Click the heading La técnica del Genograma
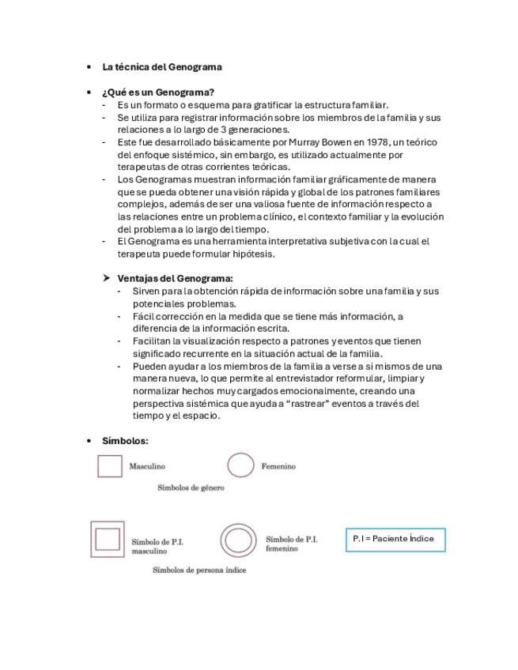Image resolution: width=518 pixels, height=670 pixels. click(162, 67)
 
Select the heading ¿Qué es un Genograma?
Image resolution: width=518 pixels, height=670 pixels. click(158, 92)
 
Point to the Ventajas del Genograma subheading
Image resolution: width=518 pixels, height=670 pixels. click(175, 278)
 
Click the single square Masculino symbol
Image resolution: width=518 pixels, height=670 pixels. click(110, 466)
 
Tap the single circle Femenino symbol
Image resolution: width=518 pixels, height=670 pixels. click(240, 465)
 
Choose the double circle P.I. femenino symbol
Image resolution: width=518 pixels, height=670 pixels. click(236, 540)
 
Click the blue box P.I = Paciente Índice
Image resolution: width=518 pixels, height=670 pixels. click(395, 539)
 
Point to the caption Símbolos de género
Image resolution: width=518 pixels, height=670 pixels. click(191, 487)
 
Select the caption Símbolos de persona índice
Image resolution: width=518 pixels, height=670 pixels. click(199, 570)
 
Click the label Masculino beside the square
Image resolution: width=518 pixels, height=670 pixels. click(147, 466)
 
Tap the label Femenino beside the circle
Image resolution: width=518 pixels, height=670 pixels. click(278, 466)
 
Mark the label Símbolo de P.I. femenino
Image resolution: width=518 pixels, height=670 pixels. click(291, 544)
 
